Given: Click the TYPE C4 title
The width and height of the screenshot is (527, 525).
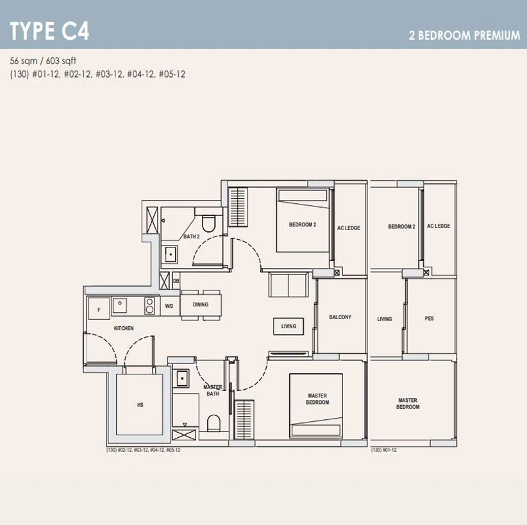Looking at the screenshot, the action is (x=50, y=31).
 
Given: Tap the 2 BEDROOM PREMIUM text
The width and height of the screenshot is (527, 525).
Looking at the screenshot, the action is (x=464, y=35).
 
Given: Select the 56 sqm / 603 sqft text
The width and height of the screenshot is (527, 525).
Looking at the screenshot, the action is (x=43, y=61).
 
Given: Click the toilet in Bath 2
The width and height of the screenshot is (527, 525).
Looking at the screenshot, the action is (x=208, y=223).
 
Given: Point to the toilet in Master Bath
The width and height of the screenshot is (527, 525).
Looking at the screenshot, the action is (x=213, y=423).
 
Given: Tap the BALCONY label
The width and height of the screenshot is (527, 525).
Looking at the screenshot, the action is (x=340, y=317).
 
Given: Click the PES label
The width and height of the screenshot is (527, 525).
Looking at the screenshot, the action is (x=429, y=319).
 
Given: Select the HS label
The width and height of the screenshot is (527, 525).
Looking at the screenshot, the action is (x=140, y=405).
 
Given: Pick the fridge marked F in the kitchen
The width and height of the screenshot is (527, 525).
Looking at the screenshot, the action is (x=99, y=308).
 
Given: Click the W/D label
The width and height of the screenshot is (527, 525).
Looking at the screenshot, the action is (x=169, y=306).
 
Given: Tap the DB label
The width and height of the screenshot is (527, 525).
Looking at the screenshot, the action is (x=176, y=281).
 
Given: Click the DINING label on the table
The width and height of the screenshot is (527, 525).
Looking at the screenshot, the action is (x=201, y=304).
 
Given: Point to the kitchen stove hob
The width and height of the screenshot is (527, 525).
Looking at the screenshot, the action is (x=149, y=306).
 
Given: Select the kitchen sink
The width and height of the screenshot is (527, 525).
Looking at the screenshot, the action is (x=120, y=306).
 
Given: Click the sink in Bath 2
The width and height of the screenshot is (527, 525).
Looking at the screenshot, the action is (x=171, y=254).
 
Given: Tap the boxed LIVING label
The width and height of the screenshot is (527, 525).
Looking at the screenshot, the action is (x=289, y=326).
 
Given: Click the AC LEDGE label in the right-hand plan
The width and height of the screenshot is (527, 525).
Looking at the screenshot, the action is (x=439, y=226).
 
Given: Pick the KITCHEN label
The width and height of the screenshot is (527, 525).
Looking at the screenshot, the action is (x=124, y=328).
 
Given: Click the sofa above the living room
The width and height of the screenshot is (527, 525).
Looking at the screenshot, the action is (x=289, y=285).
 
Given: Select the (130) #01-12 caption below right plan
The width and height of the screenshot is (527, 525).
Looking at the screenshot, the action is (x=384, y=450).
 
